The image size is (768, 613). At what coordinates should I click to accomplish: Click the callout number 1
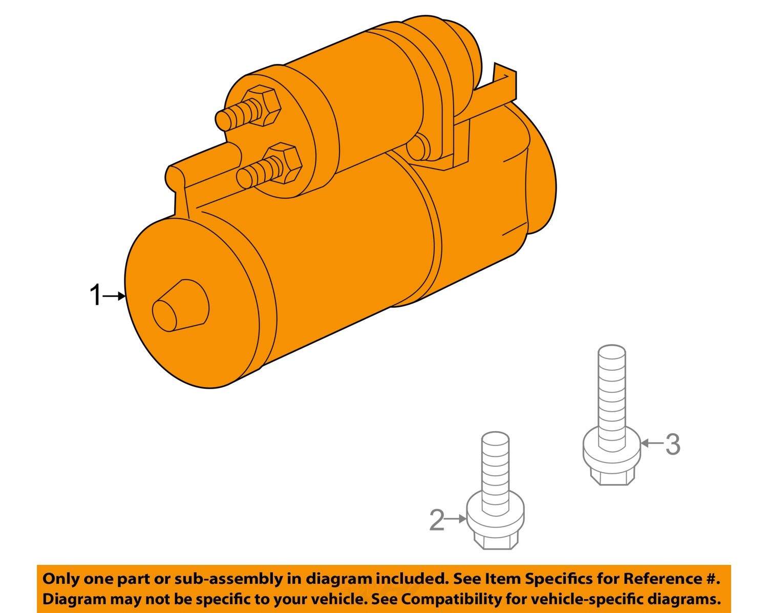tap(95, 295)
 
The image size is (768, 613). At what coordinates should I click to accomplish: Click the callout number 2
tap(437, 520)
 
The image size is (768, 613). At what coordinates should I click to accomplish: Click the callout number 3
tap(673, 443)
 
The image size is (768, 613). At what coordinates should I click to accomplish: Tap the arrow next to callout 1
tap(114, 296)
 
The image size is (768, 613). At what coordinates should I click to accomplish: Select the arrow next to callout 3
tap(651, 443)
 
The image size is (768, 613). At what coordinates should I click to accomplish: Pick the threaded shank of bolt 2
tap(495, 471)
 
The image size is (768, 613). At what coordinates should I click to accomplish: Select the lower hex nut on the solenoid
tap(283, 163)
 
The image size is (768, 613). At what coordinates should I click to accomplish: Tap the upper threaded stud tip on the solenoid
tap(223, 120)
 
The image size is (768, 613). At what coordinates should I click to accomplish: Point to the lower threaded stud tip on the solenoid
tap(245, 178)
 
